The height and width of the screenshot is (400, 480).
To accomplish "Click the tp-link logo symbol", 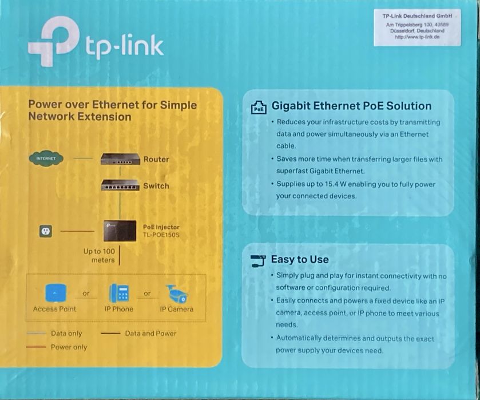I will (x=52, y=44).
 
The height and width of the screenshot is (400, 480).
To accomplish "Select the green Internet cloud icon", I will (x=46, y=159).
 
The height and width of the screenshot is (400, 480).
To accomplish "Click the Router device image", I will (x=120, y=159).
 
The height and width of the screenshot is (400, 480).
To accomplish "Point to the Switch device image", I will (x=120, y=185).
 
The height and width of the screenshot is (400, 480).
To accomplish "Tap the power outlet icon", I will (x=45, y=231).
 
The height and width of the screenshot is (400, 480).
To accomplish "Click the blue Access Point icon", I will (x=55, y=294).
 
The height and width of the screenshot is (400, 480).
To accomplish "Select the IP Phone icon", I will (x=119, y=294).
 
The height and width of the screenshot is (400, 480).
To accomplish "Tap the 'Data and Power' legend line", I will (x=110, y=334).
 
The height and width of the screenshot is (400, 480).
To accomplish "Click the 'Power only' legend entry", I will (x=69, y=347).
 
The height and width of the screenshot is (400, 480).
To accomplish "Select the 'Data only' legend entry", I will (x=66, y=334).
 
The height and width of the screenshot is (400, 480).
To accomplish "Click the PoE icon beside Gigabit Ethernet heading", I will (x=259, y=107).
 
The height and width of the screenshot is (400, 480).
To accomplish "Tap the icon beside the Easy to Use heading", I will (x=259, y=260).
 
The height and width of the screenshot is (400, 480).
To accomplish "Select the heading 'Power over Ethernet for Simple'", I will (x=112, y=105).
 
